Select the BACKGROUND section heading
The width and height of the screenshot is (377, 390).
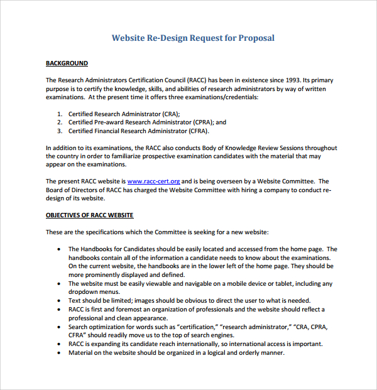click(67, 63)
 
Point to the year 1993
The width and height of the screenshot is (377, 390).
click(290, 80)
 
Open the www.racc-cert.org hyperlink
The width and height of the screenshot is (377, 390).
click(154, 181)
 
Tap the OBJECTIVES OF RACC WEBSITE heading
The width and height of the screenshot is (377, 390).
click(89, 215)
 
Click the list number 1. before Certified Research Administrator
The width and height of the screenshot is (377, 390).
click(60, 114)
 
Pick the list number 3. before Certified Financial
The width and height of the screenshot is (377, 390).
click(60, 131)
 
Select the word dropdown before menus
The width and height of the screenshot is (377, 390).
click(84, 292)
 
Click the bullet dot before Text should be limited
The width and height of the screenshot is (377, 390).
click(59, 301)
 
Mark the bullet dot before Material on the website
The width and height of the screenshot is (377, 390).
click(59, 353)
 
